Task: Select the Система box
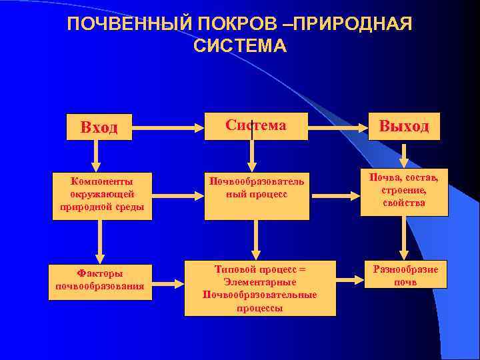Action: point(256,125)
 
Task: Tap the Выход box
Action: point(404,126)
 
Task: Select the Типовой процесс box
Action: point(260,287)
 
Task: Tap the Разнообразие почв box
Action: point(405,275)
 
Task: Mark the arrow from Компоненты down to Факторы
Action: point(100,241)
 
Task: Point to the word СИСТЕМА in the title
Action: point(239,46)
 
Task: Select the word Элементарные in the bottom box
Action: point(260,282)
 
